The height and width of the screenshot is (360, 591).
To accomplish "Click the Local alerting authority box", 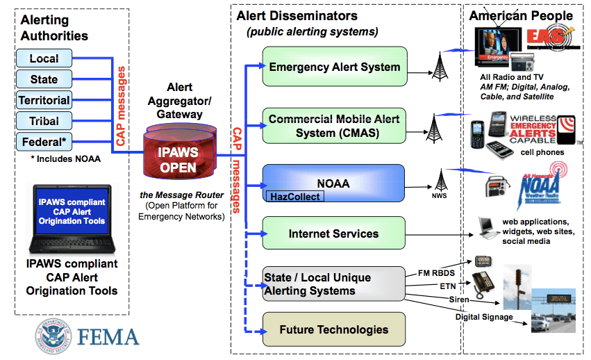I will [x=44, y=59].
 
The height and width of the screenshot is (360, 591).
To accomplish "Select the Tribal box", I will [x=44, y=121].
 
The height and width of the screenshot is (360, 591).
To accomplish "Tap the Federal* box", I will [x=44, y=142].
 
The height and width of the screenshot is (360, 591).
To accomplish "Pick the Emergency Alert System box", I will [x=334, y=67].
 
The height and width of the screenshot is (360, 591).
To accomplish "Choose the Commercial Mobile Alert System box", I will [x=334, y=126].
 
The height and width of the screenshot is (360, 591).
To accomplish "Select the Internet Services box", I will [x=334, y=234].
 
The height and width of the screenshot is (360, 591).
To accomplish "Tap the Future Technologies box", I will [x=334, y=330].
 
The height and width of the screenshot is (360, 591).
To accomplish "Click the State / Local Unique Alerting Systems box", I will [x=334, y=284].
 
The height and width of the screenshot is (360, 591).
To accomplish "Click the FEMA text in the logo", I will [x=108, y=337].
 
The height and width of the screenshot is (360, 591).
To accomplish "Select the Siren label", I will [x=458, y=300].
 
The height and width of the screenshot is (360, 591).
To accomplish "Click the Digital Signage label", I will [x=484, y=317].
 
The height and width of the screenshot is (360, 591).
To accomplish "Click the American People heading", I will [x=521, y=15].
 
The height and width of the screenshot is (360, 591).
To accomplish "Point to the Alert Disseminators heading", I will [x=297, y=15].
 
